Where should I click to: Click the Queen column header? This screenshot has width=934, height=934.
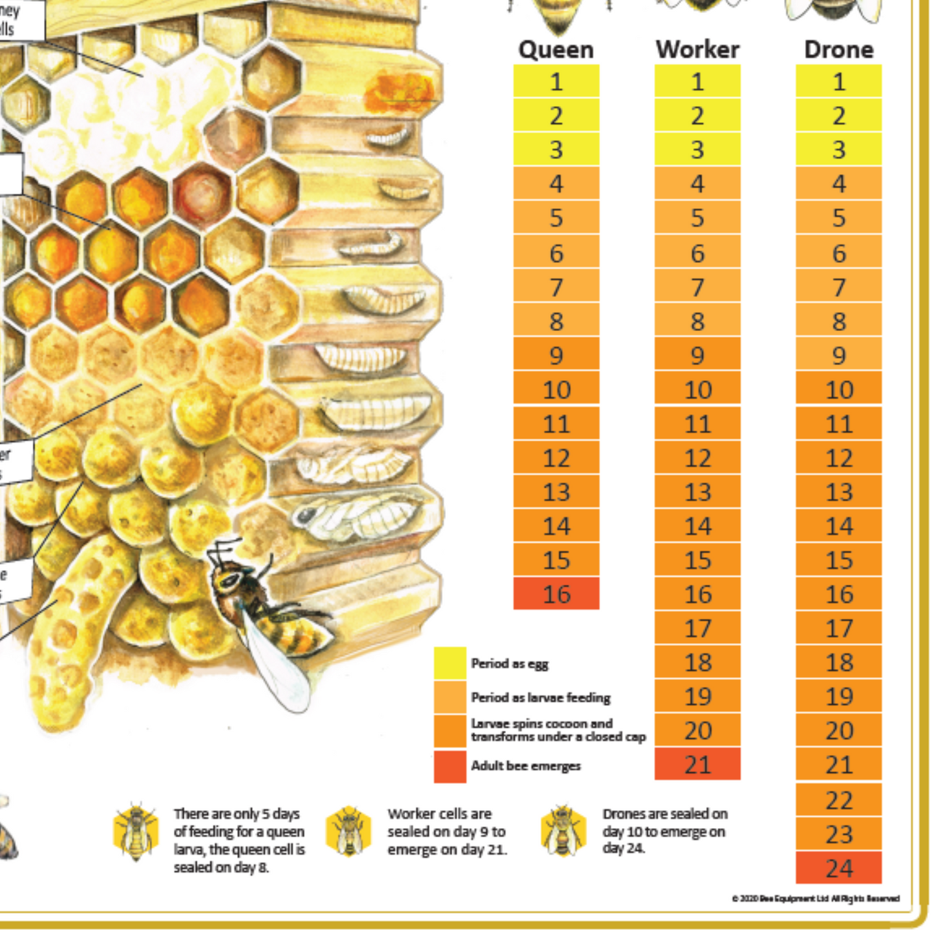tap(556, 50)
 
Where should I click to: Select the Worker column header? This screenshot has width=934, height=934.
tap(697, 50)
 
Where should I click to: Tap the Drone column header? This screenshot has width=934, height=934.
tap(838, 50)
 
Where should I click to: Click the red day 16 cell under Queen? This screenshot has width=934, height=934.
tap(556, 593)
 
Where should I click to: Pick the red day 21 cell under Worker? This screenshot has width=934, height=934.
tap(697, 764)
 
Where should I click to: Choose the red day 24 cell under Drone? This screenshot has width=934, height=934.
tap(838, 867)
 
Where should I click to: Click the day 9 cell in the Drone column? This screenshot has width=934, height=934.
tap(838, 355)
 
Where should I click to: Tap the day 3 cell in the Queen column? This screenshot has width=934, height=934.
tap(556, 149)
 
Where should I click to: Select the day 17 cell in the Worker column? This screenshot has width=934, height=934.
tap(697, 628)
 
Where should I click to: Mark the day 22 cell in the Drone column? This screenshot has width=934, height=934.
tap(838, 800)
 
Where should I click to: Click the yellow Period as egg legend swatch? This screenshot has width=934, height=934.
tap(450, 663)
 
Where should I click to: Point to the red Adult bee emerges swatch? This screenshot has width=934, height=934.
tap(450, 766)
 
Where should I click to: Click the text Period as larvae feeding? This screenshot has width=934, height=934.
tap(540, 697)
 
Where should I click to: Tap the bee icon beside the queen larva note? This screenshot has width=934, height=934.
tap(135, 832)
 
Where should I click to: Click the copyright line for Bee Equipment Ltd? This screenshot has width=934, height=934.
tap(815, 898)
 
